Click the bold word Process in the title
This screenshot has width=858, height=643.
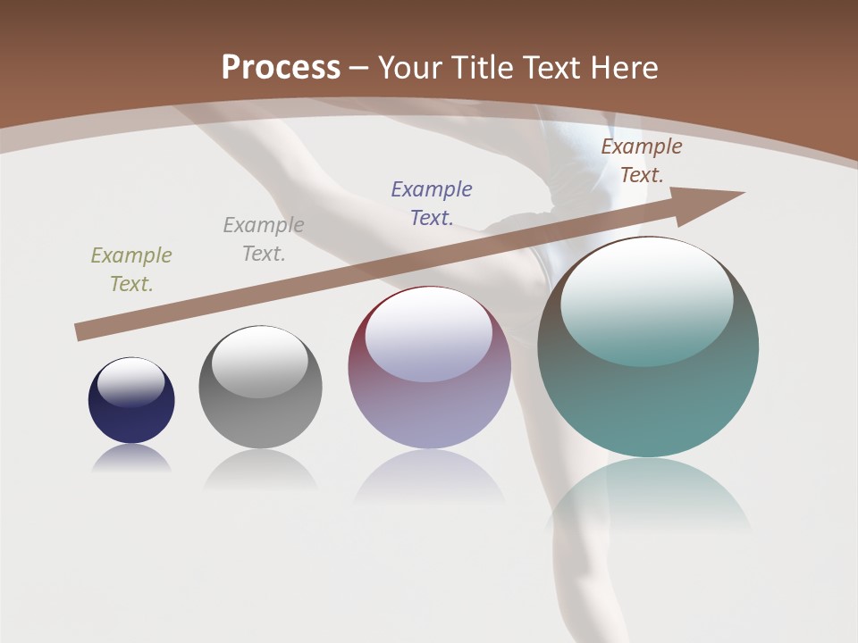pyautogui.click(x=281, y=68)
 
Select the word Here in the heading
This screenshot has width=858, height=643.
pyautogui.click(x=623, y=68)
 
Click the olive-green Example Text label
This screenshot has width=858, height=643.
pyautogui.click(x=131, y=270)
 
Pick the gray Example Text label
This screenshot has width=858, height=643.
pyautogui.click(x=264, y=239)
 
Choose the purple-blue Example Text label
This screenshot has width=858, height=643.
pyautogui.click(x=432, y=204)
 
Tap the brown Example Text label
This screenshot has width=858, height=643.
pyautogui.click(x=641, y=161)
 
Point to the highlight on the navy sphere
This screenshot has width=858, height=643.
pyautogui.click(x=131, y=382)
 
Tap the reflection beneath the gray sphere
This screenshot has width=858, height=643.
pyautogui.click(x=260, y=468)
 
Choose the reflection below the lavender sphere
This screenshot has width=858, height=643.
pyautogui.click(x=429, y=477)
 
